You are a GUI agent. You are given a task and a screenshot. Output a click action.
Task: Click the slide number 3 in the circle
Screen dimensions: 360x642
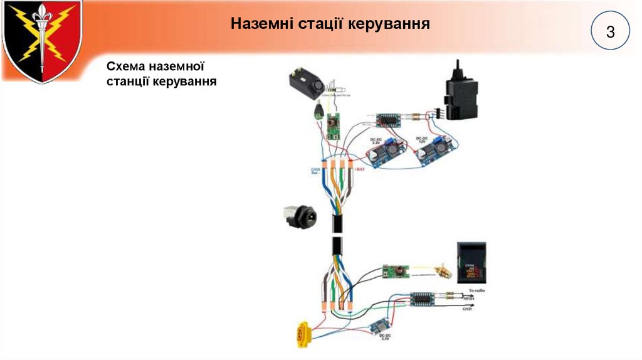point(610,32)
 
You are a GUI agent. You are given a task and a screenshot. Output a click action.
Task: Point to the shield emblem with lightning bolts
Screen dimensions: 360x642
point(41,41)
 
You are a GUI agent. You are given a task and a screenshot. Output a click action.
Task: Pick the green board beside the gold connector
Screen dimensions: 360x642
point(396,272)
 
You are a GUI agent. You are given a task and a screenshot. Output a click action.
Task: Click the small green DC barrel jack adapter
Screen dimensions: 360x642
point(319,112)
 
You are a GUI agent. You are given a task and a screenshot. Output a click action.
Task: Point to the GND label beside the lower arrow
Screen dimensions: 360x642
point(467,309)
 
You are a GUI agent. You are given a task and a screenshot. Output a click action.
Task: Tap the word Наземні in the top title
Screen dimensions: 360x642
point(263,24)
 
